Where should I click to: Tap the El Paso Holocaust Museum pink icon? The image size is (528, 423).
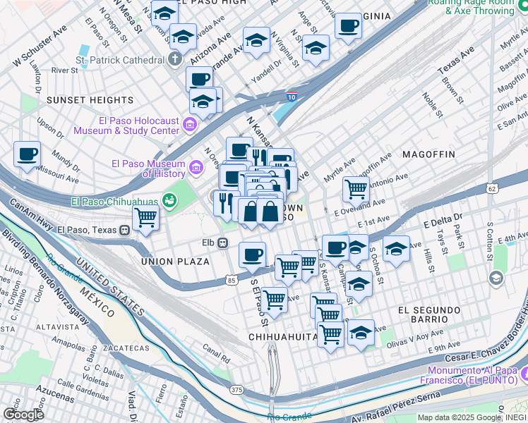click(x=189, y=125)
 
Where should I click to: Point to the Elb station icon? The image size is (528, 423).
click(x=222, y=243)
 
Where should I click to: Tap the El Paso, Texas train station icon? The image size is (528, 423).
click(x=125, y=230)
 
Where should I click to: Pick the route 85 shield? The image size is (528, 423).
click(x=232, y=281)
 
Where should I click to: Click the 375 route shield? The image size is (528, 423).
click(x=237, y=390)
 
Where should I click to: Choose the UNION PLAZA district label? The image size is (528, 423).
click(x=175, y=262)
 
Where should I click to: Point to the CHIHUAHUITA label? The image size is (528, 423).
click(x=284, y=337)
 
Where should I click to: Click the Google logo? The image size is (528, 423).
click(x=23, y=414)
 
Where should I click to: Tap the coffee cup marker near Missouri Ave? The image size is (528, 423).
click(x=28, y=154)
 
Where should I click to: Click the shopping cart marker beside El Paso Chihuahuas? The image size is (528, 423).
click(x=146, y=218)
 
